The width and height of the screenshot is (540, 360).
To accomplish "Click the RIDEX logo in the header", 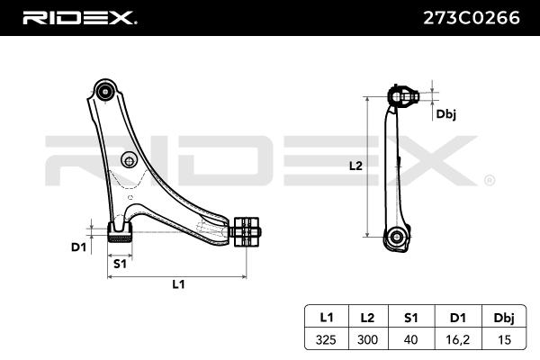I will pos(78,17).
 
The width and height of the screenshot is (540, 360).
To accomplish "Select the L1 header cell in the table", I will pos(326,317).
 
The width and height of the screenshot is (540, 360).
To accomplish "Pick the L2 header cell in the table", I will pos(367,317).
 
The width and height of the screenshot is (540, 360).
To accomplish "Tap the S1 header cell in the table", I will pos(409,317).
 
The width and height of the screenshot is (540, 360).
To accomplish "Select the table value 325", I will pos(326,341).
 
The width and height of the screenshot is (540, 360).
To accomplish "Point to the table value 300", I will pos(367,341).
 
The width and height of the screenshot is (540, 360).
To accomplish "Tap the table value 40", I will pos(409,341).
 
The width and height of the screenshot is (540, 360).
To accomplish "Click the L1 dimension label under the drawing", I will pos(178,284).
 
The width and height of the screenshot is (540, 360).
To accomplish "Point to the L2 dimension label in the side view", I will pos(355,166).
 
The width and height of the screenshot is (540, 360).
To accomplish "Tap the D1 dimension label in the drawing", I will pos(79,246).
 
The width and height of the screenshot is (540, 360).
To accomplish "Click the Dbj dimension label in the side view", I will pos(445,113).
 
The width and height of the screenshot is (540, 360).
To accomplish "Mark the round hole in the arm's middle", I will pos(129,162).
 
